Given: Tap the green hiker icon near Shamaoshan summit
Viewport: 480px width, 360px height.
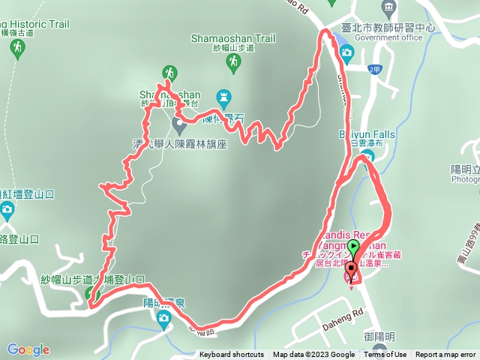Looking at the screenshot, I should [x=170, y=73].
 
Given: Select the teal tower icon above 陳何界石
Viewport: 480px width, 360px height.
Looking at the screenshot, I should [x=223, y=97].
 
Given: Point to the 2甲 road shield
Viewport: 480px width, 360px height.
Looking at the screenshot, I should [x=375, y=69].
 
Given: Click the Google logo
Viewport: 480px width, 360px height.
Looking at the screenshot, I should [x=28, y=349].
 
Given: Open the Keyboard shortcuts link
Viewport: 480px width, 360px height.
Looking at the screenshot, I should [x=231, y=355].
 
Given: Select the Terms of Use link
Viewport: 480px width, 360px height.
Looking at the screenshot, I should [x=386, y=355].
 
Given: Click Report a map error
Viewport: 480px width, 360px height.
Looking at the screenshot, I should [x=445, y=355].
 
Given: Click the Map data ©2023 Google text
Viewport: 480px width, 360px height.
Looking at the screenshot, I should [x=313, y=355].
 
